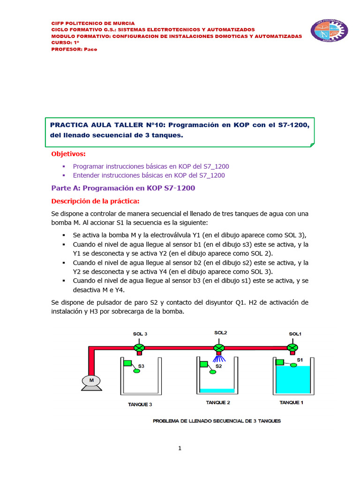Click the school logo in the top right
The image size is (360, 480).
[x=330, y=30]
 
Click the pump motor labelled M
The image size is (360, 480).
[x=92, y=381]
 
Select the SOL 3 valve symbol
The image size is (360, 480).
[x=140, y=347]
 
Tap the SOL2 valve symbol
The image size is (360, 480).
[x=219, y=347]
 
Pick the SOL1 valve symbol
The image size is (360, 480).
[x=292, y=347]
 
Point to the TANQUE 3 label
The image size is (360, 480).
[x=140, y=404]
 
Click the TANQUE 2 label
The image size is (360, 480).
[x=218, y=402]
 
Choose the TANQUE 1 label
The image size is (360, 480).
[x=292, y=402]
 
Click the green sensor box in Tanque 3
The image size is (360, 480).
[x=127, y=362]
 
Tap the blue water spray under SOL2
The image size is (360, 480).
[x=219, y=359]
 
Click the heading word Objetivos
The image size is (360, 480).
[x=68, y=154]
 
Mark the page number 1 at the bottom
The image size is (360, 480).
[x=180, y=448]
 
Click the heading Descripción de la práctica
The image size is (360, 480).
[x=95, y=201]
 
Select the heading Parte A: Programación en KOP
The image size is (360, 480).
[x=123, y=188]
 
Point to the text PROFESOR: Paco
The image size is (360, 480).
[x=74, y=49]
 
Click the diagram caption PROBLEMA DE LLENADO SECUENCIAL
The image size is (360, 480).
[x=217, y=421]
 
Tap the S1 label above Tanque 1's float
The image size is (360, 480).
[x=300, y=360]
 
